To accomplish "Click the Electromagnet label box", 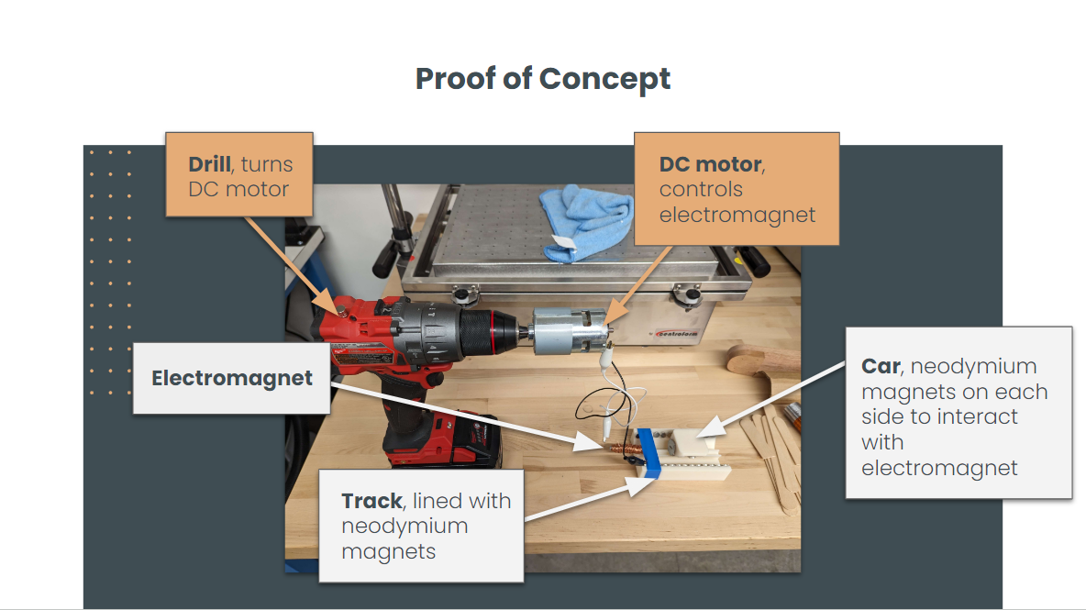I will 231,378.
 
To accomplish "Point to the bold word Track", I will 371,501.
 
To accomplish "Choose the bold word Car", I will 880,366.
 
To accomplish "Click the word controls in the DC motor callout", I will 701,190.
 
